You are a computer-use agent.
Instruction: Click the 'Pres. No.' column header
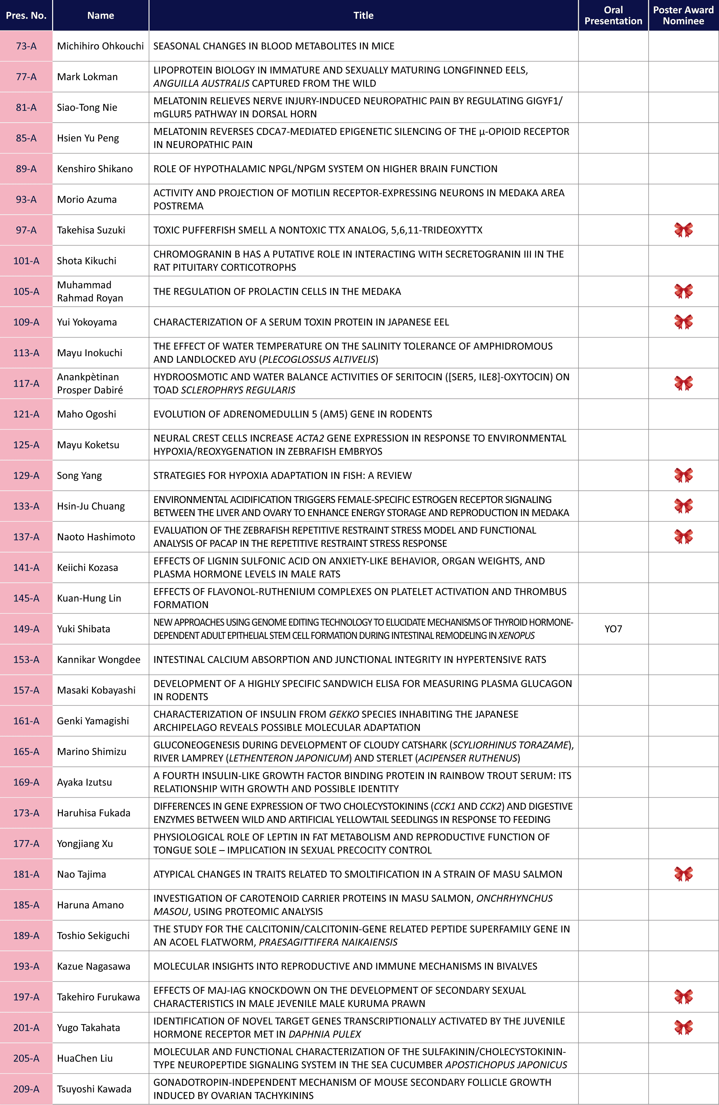click(26, 15)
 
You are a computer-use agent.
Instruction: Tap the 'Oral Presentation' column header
click(613, 15)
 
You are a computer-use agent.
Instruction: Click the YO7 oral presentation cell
click(613, 629)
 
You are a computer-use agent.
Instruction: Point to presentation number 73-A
click(26, 46)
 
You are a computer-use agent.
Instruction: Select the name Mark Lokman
click(87, 77)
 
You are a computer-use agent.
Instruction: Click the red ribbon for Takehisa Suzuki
click(683, 230)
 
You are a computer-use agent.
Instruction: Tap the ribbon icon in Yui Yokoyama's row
click(683, 322)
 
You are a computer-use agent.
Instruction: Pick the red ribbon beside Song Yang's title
click(683, 475)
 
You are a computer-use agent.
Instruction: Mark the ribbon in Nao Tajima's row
click(683, 874)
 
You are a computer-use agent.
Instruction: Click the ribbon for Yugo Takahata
click(683, 1027)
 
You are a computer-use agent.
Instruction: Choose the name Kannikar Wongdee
click(99, 659)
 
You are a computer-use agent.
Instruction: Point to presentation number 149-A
click(26, 629)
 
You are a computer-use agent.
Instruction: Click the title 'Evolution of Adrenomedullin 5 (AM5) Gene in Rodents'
click(293, 414)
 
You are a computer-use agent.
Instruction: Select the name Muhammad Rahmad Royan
click(90, 291)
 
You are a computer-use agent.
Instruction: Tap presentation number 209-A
click(26, 1088)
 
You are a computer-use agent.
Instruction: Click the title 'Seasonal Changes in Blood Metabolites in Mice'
click(274, 46)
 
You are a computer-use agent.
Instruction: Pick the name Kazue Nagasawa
click(93, 966)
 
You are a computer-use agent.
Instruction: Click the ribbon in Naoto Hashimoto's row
click(683, 536)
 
